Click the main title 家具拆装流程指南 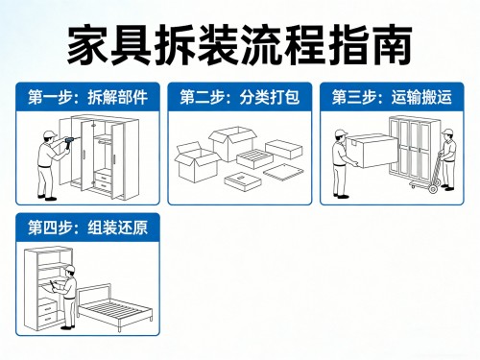point(239,45)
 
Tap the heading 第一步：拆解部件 point(87,97)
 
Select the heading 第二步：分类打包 point(240,97)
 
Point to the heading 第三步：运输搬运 point(392,97)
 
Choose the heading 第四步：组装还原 point(87,228)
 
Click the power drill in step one point(69,142)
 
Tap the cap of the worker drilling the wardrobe point(50,133)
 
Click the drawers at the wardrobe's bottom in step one point(103,180)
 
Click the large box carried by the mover point(372,151)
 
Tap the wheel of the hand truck point(433,188)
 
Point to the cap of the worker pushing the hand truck point(447,132)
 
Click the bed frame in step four point(115,307)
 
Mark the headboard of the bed point(95,293)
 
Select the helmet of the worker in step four point(70,269)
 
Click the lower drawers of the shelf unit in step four point(48,314)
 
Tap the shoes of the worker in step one point(47,198)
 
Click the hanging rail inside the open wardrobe point(104,141)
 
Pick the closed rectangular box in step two point(284,149)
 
